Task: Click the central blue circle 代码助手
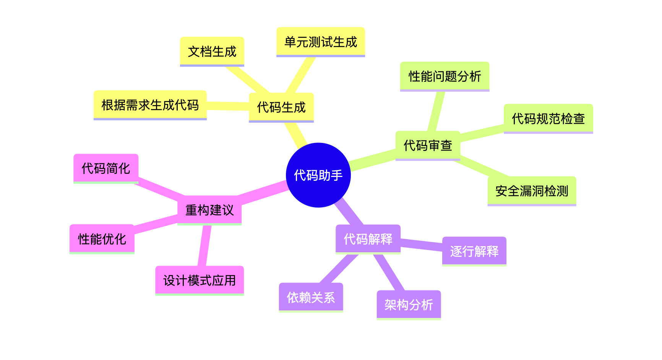click(x=318, y=175)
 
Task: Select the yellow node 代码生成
click(x=281, y=107)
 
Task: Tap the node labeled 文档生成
click(x=212, y=51)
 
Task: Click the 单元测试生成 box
click(x=321, y=42)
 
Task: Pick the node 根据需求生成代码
click(x=150, y=105)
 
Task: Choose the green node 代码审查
click(x=428, y=145)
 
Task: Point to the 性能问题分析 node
click(x=445, y=76)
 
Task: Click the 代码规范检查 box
click(x=548, y=118)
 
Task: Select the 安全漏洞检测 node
click(x=532, y=191)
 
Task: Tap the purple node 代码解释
click(x=368, y=239)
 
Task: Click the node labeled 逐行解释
click(x=474, y=251)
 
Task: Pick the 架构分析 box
click(x=409, y=305)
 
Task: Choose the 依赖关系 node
click(x=311, y=297)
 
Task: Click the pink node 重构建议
click(x=209, y=210)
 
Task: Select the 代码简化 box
click(x=106, y=168)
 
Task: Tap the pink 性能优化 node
click(x=102, y=239)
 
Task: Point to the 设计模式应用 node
click(x=200, y=280)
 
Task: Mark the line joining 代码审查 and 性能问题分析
click(x=436, y=111)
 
